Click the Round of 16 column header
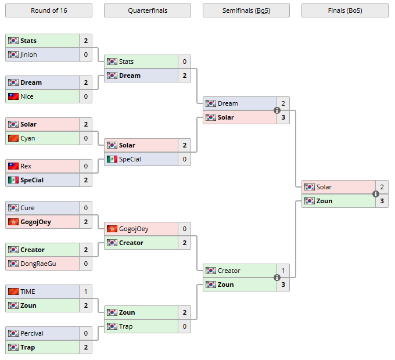pyautogui.click(x=48, y=10)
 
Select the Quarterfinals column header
pyautogui.click(x=147, y=10)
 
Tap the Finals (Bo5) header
pyautogui.click(x=344, y=10)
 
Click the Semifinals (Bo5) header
pyautogui.click(x=246, y=10)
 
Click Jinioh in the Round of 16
pyautogui.click(x=28, y=55)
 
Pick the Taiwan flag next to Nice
pyautogui.click(x=13, y=96)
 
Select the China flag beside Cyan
pyautogui.click(x=13, y=138)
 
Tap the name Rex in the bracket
pyautogui.click(x=26, y=166)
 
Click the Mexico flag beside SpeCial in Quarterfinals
pyautogui.click(x=112, y=159)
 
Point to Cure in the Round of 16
pyautogui.click(x=27, y=208)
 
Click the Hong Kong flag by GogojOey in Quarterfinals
pyautogui.click(x=112, y=229)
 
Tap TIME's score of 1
pyautogui.click(x=86, y=291)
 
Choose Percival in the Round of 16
pyautogui.click(x=32, y=333)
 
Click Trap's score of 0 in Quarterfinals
pyautogui.click(x=185, y=326)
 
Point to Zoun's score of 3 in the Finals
pyautogui.click(x=382, y=201)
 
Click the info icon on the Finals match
pyautogui.click(x=376, y=194)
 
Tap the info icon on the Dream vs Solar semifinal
pyautogui.click(x=277, y=110)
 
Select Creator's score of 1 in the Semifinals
pyautogui.click(x=283, y=271)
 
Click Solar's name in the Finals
pyautogui.click(x=324, y=187)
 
